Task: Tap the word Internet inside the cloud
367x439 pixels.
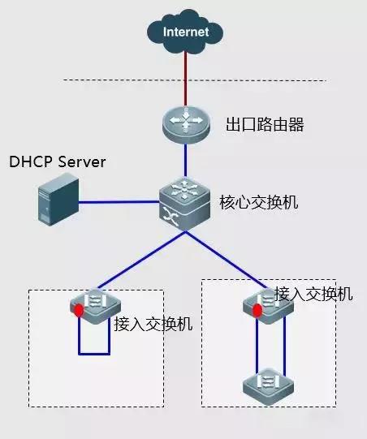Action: click(x=186, y=32)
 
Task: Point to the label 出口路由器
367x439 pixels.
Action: click(x=258, y=126)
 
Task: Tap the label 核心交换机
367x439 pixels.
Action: click(x=259, y=202)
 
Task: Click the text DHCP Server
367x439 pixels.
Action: click(x=58, y=162)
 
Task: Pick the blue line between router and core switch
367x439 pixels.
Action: click(x=186, y=161)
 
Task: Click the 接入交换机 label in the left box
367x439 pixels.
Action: click(x=153, y=325)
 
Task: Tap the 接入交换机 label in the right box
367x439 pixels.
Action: click(x=313, y=294)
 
